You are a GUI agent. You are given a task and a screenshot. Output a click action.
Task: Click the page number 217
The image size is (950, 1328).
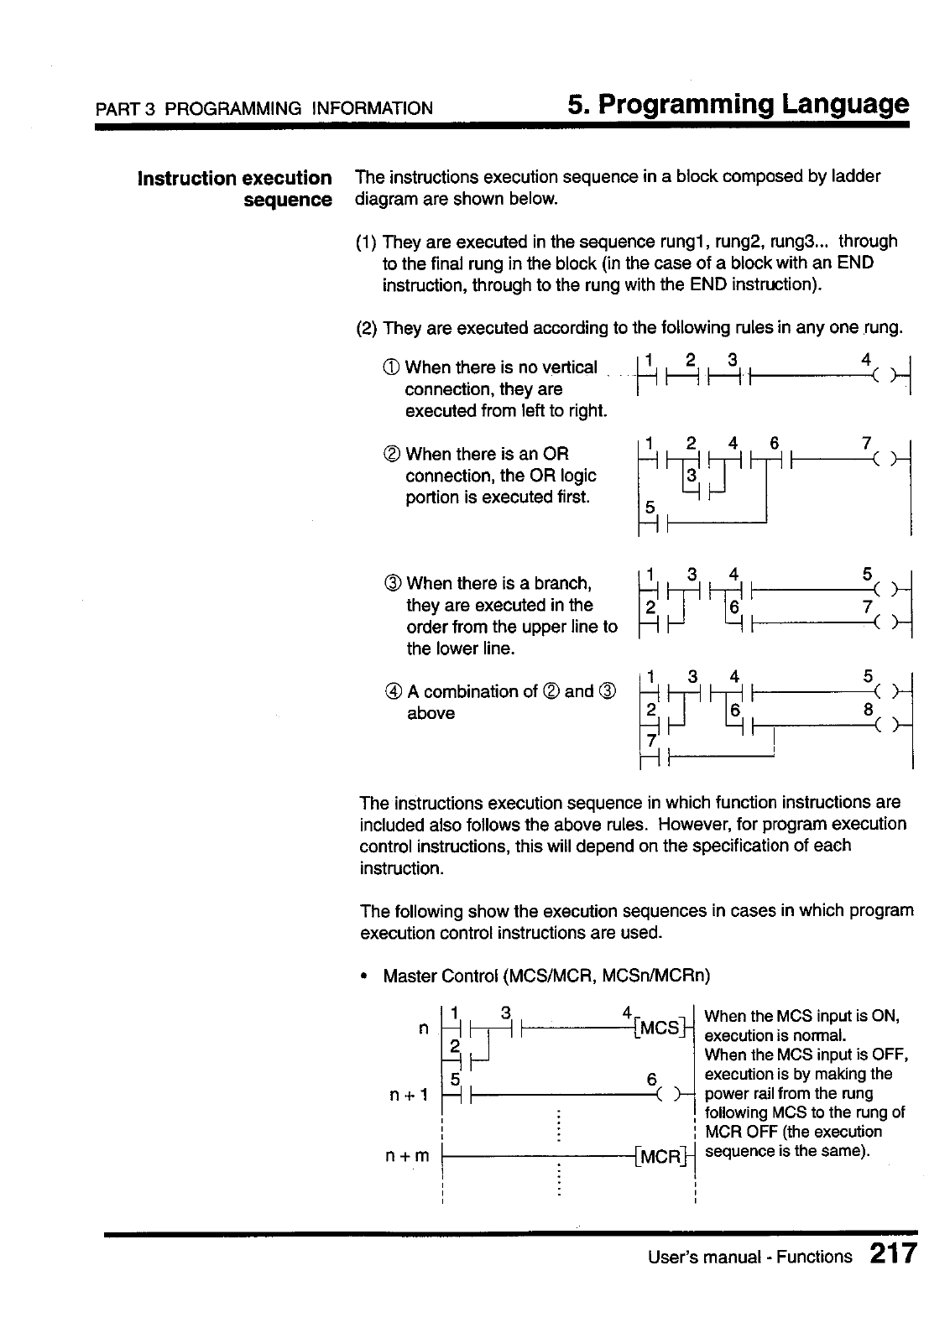[893, 1256]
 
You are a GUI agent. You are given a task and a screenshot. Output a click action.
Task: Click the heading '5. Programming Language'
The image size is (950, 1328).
[738, 105]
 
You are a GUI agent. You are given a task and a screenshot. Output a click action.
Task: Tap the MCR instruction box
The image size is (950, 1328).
[661, 1156]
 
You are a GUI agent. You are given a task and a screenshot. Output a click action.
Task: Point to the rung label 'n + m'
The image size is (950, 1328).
[407, 1156]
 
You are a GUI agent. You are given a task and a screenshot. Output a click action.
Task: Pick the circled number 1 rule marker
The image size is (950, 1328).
[392, 367]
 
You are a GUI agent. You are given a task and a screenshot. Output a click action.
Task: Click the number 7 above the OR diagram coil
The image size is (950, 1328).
[867, 442]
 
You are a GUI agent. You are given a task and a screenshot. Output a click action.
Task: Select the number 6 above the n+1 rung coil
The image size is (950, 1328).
[651, 1081]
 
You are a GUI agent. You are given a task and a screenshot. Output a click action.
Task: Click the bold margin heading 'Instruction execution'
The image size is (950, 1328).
[234, 178]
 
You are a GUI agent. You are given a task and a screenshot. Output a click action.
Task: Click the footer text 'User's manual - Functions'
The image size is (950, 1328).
[749, 1257]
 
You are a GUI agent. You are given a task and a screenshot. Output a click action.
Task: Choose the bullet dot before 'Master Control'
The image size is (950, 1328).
[363, 976]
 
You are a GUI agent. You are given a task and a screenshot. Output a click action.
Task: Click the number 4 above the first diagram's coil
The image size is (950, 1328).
[866, 358]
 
